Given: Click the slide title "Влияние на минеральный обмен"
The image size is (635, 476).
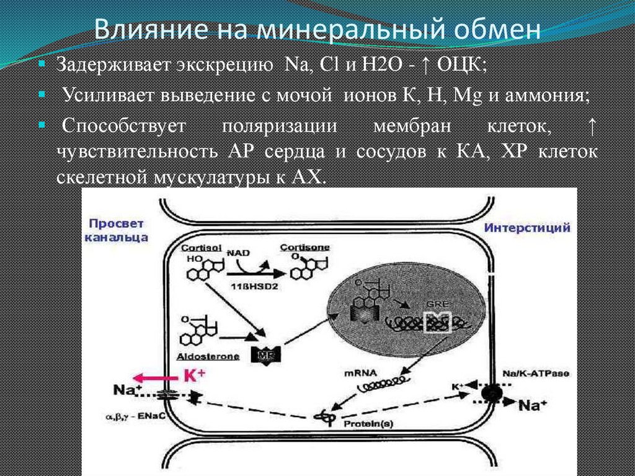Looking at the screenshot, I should (x=317, y=29).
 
